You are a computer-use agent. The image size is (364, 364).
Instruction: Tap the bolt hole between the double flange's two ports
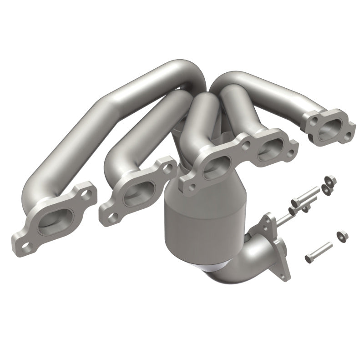click(x=246, y=147)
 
